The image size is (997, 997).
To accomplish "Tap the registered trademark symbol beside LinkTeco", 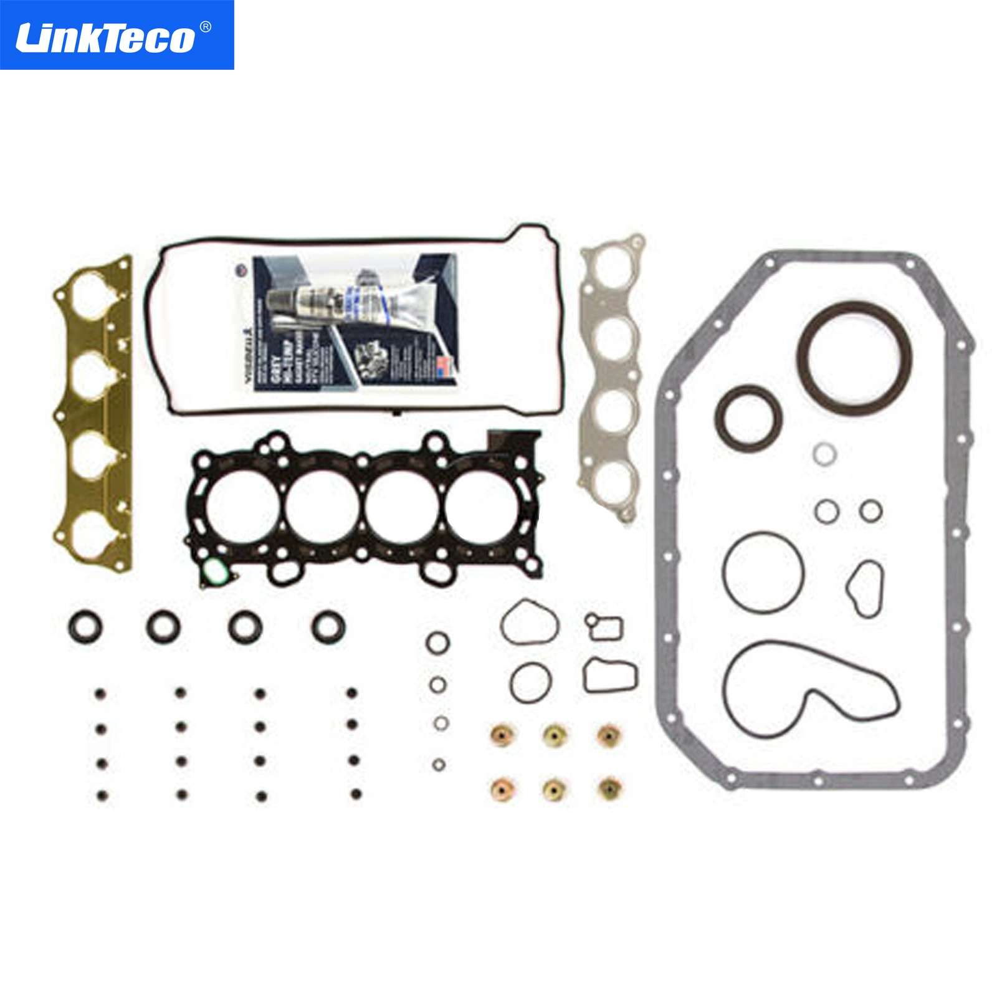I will (205, 27).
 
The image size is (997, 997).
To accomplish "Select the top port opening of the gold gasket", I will (92, 292).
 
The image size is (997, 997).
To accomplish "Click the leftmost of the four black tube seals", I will (85, 626).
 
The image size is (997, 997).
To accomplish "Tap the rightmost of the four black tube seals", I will (328, 626).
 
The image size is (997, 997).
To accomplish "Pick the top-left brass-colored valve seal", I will (502, 735).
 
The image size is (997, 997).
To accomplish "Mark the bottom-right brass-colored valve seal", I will (609, 789).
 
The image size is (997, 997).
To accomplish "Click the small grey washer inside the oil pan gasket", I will (824, 454).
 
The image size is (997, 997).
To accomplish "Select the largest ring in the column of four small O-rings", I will (437, 642).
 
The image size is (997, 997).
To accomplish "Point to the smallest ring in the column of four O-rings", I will (439, 764).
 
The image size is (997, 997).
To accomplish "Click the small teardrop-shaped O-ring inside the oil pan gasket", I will (866, 588).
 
